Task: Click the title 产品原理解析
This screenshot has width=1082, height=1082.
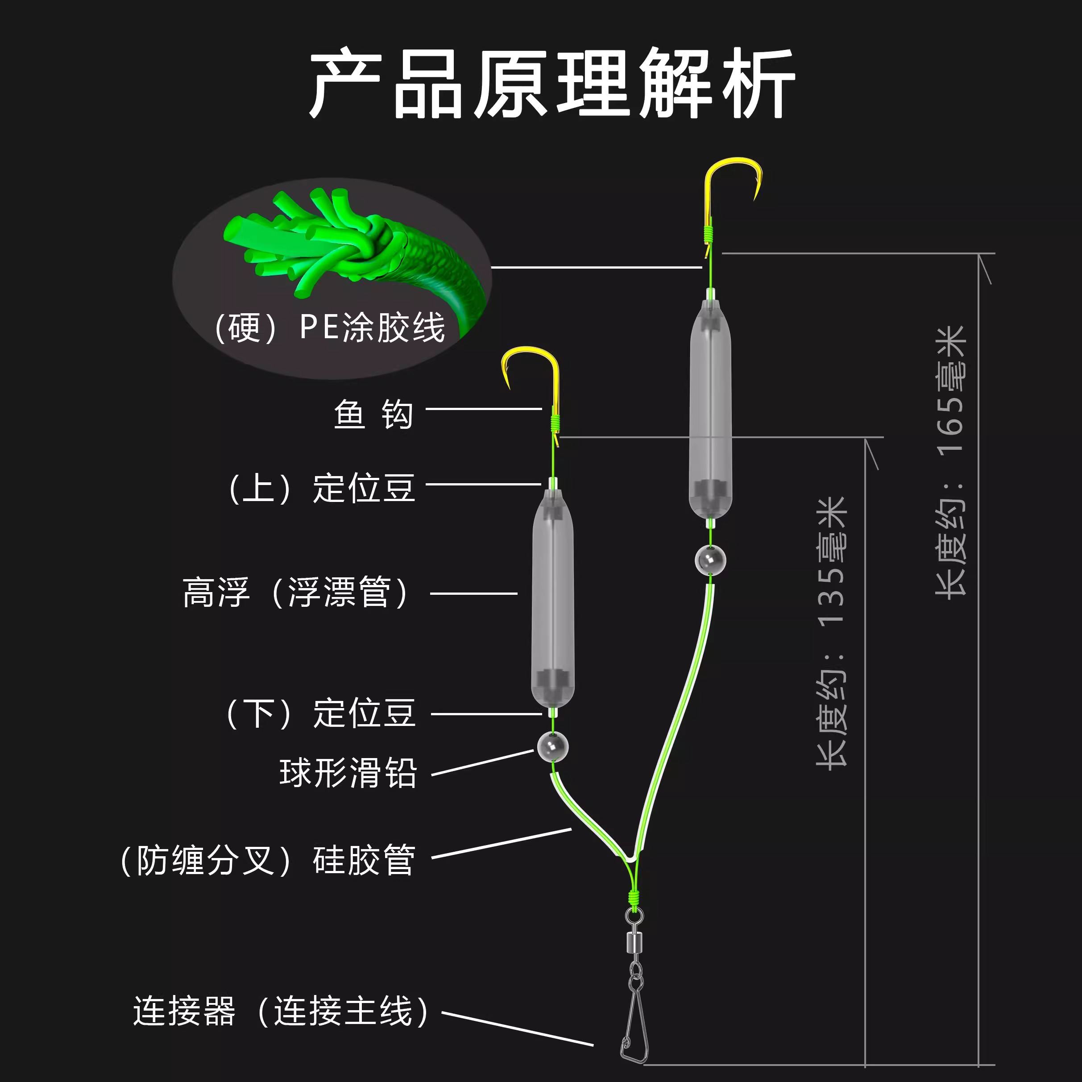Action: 551,84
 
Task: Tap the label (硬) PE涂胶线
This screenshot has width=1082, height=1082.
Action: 331,327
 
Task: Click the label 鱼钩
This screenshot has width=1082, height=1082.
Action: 373,415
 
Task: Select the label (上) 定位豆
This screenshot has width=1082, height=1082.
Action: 322,488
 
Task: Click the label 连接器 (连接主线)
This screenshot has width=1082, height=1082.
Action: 281,1012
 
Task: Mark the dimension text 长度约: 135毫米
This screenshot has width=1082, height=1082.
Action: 832,633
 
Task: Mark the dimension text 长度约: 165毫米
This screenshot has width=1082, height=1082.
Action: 951,462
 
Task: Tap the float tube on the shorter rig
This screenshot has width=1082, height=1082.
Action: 552,599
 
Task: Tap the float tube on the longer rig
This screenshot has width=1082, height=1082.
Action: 710,409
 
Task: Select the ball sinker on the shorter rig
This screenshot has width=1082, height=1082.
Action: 553,746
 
